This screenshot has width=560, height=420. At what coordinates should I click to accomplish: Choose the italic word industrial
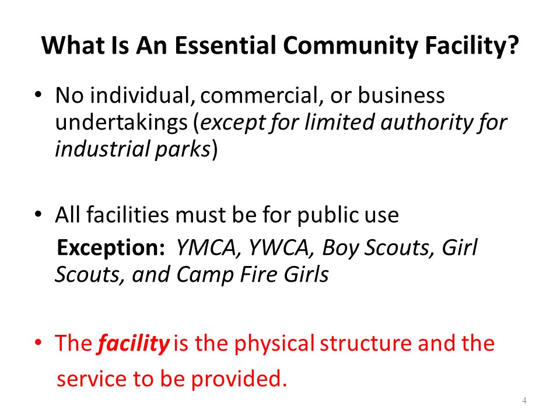pos(102,149)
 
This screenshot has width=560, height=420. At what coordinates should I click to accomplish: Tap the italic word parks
pos(183,150)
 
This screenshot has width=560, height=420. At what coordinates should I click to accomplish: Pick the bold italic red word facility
pos(133,343)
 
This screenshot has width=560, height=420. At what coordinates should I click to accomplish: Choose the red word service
pos(92,379)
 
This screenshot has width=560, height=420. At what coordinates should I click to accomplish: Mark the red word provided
pos(239,379)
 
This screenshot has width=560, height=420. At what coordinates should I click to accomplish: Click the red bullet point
pos(38,342)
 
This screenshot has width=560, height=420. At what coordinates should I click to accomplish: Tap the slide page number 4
pos(524,401)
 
